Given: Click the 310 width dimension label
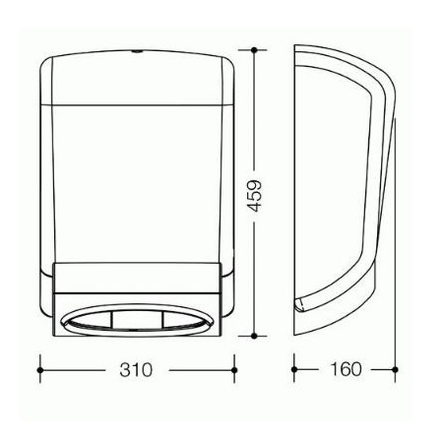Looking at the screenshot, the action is point(136,370).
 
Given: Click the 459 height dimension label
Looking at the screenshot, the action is point(254,196).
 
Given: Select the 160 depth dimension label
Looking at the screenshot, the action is point(346,369).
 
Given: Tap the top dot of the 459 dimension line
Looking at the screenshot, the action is point(254,50).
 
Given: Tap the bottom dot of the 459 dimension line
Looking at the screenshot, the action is point(253,336).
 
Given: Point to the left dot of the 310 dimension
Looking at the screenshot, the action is point(40,370).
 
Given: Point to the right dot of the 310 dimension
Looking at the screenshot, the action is point(234,370).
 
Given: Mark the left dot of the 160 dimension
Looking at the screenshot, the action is point(294,369).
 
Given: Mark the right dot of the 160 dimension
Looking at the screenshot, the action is point(395,369).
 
